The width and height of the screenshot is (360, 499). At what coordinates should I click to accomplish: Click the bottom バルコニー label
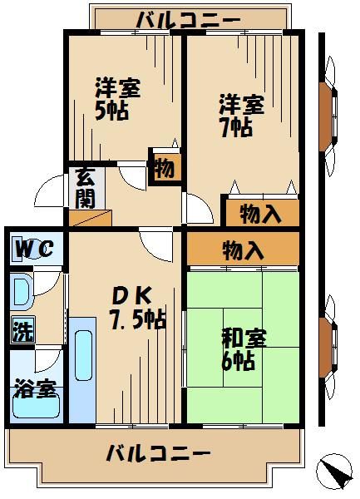click(x=158, y=454)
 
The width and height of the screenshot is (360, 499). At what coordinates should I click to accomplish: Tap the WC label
click(x=34, y=248)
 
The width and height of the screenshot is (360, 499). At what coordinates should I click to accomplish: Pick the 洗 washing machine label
click(x=22, y=330)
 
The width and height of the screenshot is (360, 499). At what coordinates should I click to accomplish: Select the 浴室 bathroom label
click(x=34, y=389)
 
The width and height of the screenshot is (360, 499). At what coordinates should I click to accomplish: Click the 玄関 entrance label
click(x=84, y=188)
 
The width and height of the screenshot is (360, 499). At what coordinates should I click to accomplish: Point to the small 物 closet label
click(x=164, y=169)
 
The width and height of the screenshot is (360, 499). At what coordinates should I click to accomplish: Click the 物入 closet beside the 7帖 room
click(x=259, y=213)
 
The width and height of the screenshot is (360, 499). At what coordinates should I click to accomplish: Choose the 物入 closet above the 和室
click(x=243, y=248)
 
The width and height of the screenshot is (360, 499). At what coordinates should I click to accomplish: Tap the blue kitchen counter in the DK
click(x=81, y=370)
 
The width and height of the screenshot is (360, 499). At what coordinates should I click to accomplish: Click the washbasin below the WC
click(x=22, y=291)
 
